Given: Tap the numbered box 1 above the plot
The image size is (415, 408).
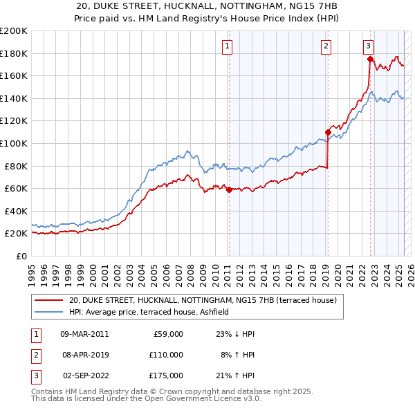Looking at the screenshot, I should coord(228,46).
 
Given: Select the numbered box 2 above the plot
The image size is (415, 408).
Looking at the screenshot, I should coord(326,46).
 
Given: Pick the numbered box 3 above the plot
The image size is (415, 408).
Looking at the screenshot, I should coord(369,46).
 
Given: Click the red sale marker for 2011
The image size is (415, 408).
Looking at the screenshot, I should coord(229,189).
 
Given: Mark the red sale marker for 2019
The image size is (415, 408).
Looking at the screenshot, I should coord(328,132).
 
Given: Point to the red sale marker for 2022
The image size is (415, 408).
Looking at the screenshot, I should coord(370,59).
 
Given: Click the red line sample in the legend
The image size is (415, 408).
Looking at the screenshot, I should coord(48,300).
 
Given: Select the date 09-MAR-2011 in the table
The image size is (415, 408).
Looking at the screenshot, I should coord(85,335).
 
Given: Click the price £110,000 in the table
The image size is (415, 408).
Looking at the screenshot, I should coord(165,355).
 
